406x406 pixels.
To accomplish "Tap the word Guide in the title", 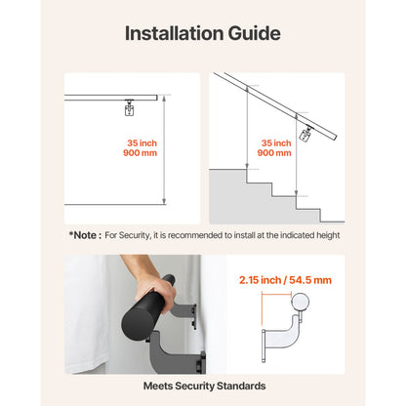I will pos(253,33).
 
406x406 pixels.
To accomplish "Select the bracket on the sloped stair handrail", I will pos(307,134).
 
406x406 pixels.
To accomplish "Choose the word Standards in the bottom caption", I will pos(241,386).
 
